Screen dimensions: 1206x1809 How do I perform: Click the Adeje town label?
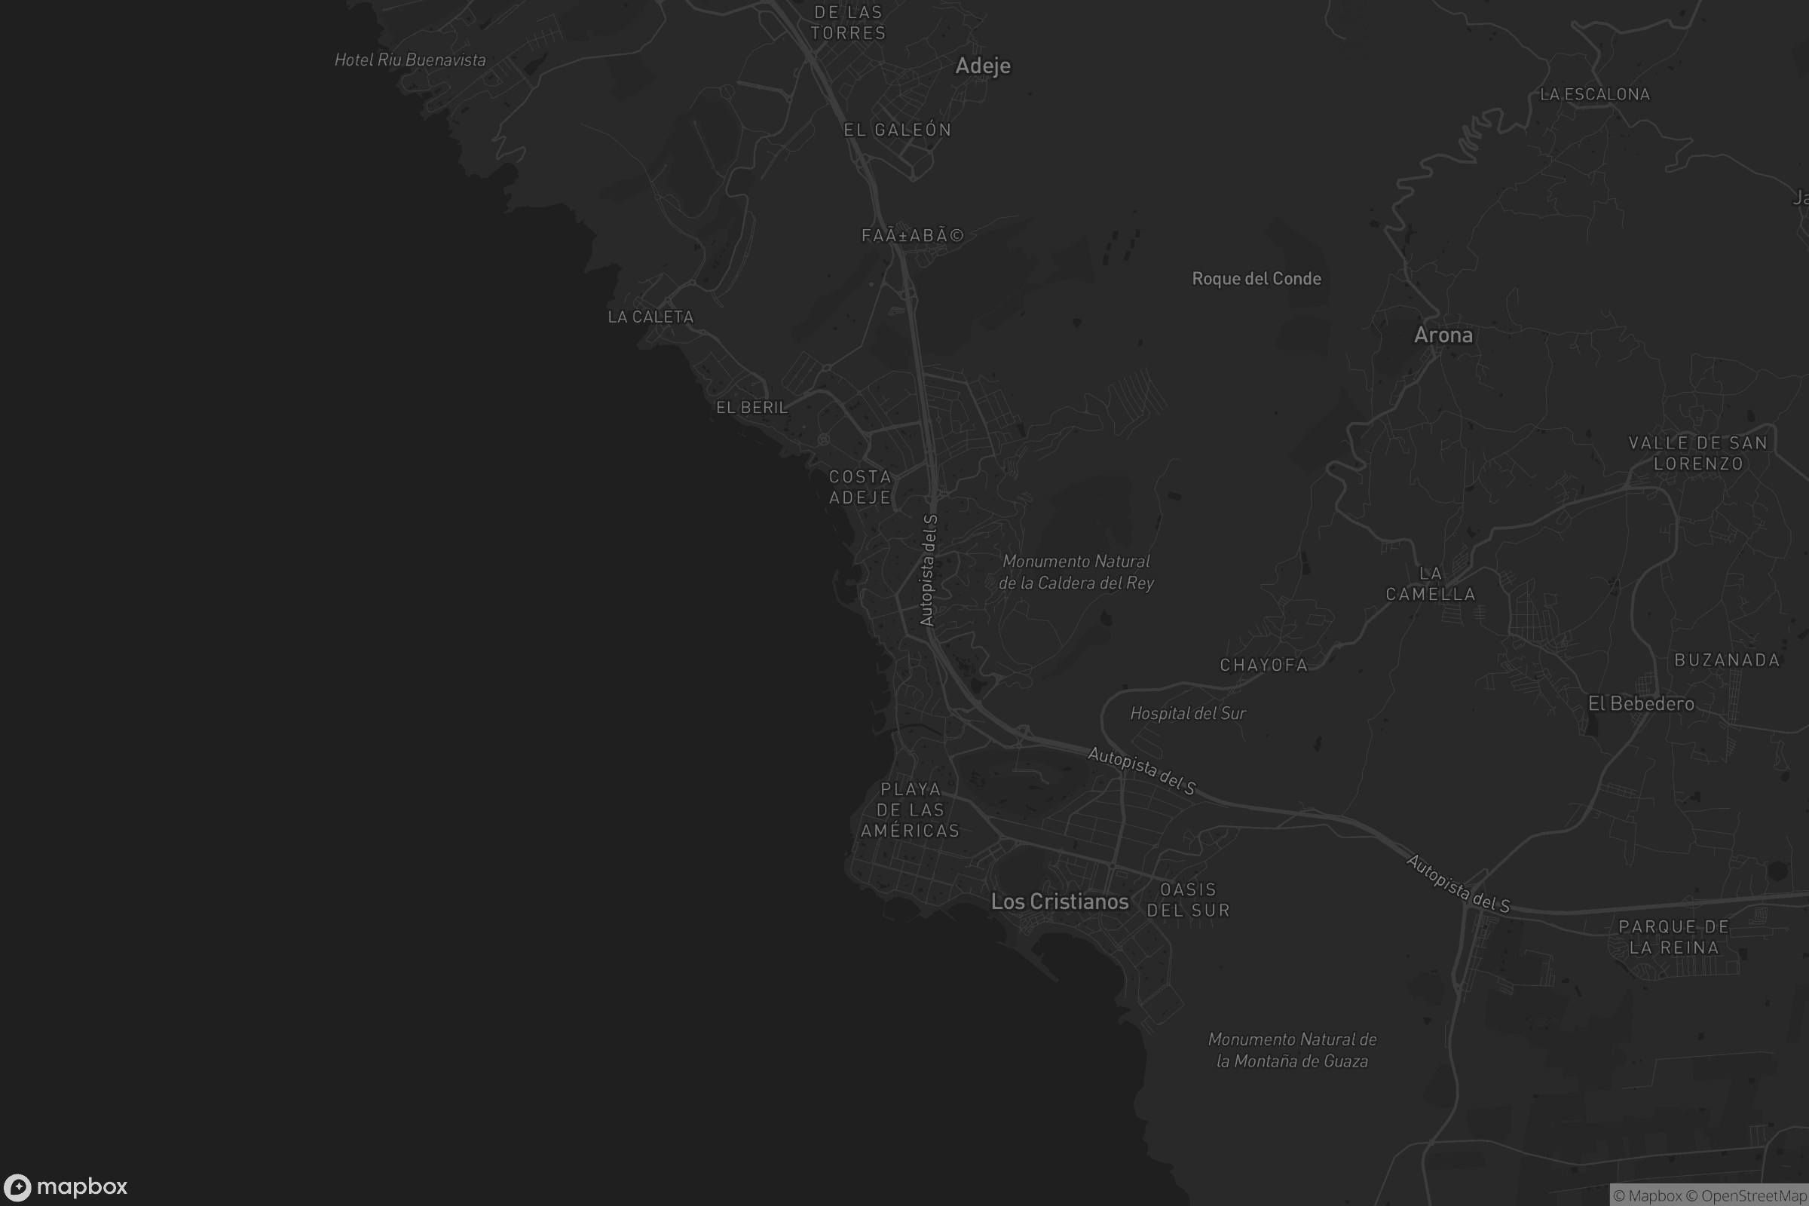tap(982, 66)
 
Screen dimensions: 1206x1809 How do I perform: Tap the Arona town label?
tap(1443, 335)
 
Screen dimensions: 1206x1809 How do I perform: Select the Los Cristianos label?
tap(1059, 901)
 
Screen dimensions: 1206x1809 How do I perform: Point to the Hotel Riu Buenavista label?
tap(410, 60)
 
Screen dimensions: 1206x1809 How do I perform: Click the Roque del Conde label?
tap(1256, 278)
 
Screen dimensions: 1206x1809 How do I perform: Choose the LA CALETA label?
tap(650, 317)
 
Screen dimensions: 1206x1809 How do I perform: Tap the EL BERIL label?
tap(751, 408)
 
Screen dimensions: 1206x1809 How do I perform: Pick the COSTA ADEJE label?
tap(860, 487)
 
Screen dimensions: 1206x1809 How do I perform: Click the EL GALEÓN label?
tap(898, 130)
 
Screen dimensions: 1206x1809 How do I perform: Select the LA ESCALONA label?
tap(1594, 95)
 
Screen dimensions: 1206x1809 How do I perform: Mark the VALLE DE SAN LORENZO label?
tap(1697, 453)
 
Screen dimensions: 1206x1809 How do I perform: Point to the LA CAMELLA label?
tap(1431, 583)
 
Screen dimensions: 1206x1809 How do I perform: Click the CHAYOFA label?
tap(1264, 666)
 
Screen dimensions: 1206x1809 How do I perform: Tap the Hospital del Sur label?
tap(1188, 714)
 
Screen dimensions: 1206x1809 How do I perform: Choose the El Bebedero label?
tap(1641, 704)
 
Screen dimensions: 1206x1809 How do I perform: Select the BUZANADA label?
tap(1727, 660)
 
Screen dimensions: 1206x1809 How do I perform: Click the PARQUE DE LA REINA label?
tap(1673, 937)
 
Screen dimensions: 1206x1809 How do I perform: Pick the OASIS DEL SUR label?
tap(1189, 900)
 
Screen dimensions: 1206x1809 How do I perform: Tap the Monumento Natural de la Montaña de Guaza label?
tap(1292, 1050)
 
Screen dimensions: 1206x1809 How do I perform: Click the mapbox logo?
tap(66, 1186)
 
